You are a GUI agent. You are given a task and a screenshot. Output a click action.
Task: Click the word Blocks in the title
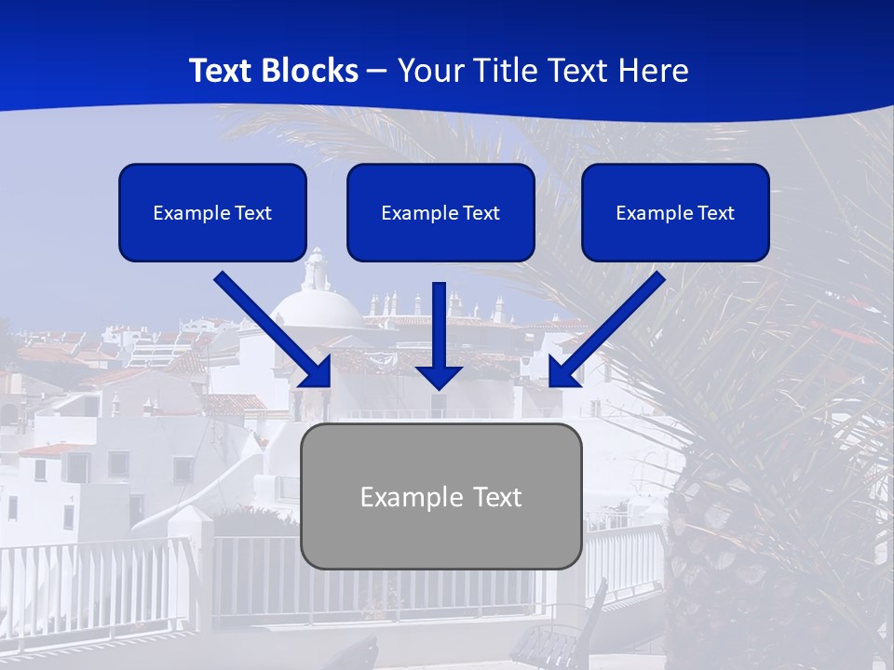[x=312, y=71]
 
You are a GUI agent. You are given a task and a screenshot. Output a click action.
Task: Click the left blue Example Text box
[x=212, y=212]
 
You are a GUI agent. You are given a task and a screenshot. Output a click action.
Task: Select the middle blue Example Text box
[x=440, y=212]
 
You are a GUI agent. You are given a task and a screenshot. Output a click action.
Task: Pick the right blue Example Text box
[x=675, y=212]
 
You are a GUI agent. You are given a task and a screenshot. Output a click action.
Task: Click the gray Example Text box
[x=440, y=496]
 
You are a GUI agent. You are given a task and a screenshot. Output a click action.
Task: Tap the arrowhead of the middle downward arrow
[x=439, y=376]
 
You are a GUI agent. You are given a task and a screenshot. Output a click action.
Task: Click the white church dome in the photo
[x=317, y=307]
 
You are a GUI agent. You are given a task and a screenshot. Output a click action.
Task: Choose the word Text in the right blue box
[x=716, y=213]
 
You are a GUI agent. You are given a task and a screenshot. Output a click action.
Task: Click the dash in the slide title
[x=377, y=71]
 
